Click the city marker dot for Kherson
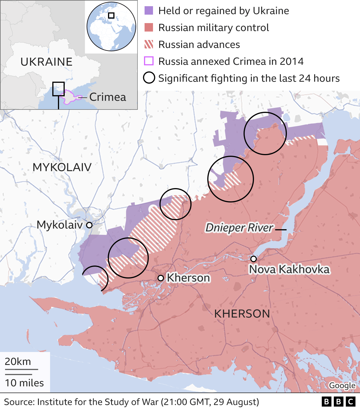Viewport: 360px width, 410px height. [x=161, y=278]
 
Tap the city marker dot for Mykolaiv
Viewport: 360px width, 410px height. [x=89, y=225]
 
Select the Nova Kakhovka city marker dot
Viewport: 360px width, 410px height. [x=253, y=259]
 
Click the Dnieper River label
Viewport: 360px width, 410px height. [x=239, y=228]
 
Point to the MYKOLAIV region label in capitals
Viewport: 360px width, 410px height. [x=62, y=167]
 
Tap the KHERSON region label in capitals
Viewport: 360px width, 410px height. [x=242, y=314]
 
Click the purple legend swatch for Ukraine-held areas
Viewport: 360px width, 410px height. [x=149, y=11]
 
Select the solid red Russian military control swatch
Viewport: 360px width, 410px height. [x=149, y=28]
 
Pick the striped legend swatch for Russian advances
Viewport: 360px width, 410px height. [x=149, y=44]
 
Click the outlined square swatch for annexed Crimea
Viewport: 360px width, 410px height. [x=149, y=61]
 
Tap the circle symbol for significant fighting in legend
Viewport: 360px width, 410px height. [x=149, y=78]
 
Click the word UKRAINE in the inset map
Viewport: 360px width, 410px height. [x=46, y=62]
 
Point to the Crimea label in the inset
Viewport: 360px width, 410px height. [x=107, y=97]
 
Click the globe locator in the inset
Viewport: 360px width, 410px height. [x=111, y=26]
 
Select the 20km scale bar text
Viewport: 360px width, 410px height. [x=18, y=362]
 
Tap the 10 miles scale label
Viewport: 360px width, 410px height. [x=24, y=383]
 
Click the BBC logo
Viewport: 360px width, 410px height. [x=338, y=402]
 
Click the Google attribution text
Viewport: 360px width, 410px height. [x=342, y=385]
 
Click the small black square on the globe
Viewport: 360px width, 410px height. [x=111, y=15]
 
